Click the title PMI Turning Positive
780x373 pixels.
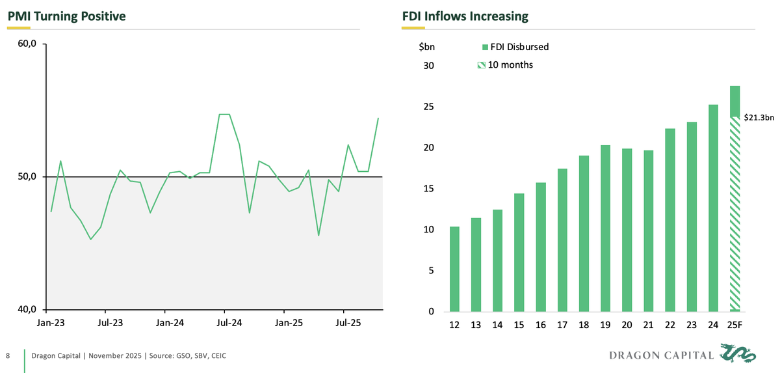(66, 16)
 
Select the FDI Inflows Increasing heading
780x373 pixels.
(465, 16)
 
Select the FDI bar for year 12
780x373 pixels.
(455, 269)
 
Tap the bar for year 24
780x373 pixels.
(713, 208)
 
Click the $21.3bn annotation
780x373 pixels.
(759, 118)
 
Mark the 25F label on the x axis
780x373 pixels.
(734, 325)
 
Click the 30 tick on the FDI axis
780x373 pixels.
(428, 66)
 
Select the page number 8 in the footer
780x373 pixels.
(8, 355)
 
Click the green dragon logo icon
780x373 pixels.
(739, 355)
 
